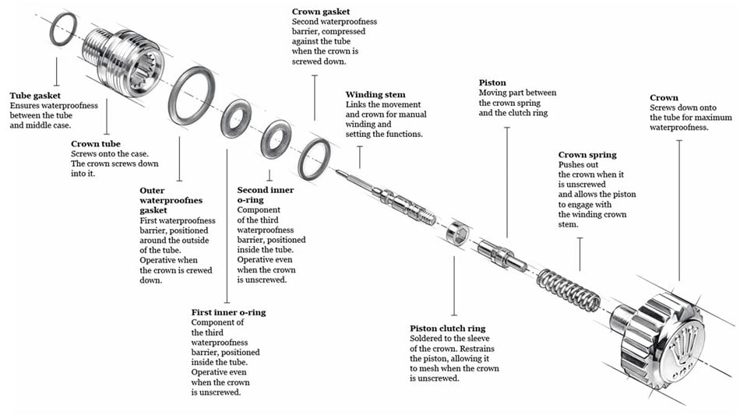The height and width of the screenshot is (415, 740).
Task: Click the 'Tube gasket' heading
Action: [x=35, y=96]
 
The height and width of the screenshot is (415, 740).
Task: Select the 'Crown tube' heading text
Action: [x=96, y=144]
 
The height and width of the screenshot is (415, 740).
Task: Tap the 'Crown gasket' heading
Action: [x=321, y=12]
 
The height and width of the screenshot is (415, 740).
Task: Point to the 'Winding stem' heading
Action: [x=375, y=95]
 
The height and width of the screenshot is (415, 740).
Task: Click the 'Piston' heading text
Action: [x=492, y=83]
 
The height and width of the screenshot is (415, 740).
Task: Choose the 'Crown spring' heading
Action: [x=587, y=155]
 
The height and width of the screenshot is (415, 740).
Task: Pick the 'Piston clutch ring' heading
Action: [x=447, y=329]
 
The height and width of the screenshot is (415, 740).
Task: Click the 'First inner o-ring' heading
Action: [x=228, y=312]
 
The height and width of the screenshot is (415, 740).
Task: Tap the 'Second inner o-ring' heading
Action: [x=265, y=195]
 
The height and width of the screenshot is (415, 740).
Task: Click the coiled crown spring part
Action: [x=569, y=289]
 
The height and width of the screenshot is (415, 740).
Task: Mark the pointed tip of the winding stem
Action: [x=337, y=171]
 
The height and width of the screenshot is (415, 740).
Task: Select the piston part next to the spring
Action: [x=502, y=255]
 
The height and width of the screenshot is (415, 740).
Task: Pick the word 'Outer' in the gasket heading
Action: [x=152, y=191]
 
